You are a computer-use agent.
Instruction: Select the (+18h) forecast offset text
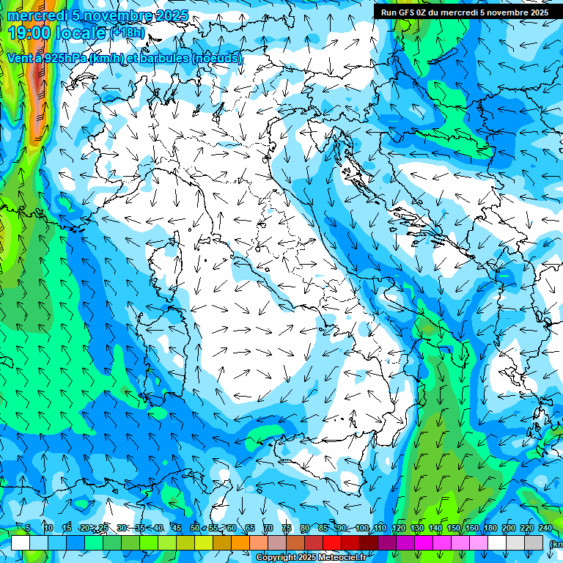[x=128, y=32]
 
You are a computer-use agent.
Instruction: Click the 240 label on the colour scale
[x=545, y=528]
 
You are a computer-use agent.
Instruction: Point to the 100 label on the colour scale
[x=362, y=528]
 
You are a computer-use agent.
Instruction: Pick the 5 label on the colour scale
[x=28, y=528]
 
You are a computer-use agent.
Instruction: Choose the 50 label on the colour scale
[x=195, y=528]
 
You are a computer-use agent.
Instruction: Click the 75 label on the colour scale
[x=287, y=528]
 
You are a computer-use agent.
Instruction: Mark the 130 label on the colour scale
[x=417, y=528]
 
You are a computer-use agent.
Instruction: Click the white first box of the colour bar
[x=21, y=542]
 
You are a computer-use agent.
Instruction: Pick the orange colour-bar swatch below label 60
[x=240, y=542]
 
